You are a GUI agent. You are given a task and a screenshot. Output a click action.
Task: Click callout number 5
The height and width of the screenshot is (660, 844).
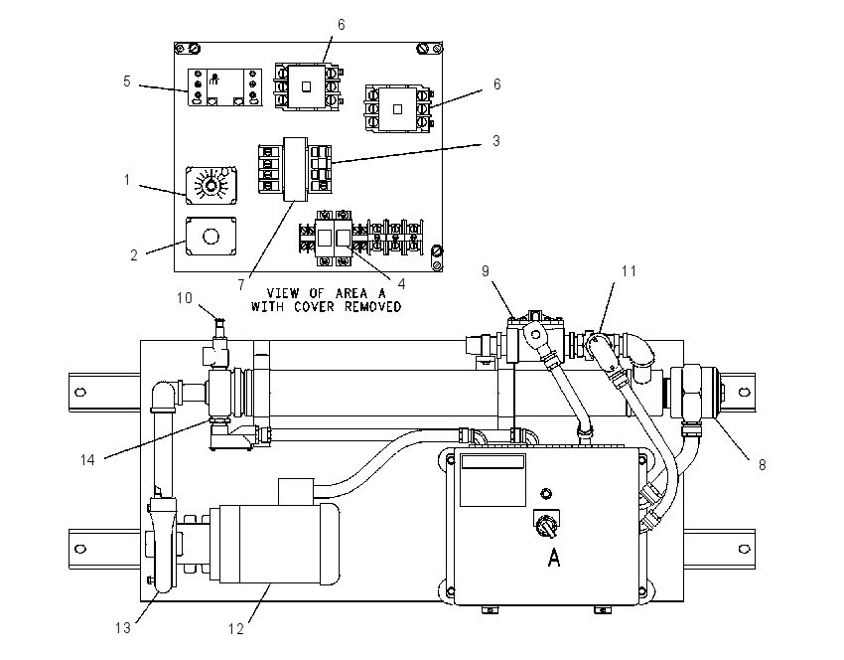tap(126, 82)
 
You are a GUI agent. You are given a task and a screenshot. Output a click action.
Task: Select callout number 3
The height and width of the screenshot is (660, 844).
tap(496, 140)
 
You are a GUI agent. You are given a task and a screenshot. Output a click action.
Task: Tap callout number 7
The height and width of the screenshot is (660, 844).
tap(241, 285)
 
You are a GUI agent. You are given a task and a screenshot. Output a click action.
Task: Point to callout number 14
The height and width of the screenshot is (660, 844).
tap(87, 459)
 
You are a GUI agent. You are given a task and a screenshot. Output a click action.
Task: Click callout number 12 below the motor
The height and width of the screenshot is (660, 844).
tap(235, 629)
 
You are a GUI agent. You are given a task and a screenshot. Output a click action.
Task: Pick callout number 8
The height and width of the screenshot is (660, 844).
tap(763, 465)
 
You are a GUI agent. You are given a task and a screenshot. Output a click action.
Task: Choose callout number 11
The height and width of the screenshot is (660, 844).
tap(629, 271)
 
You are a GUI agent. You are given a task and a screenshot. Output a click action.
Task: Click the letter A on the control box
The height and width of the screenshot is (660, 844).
tap(554, 557)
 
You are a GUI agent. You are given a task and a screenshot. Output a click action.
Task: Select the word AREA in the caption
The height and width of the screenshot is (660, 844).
tap(352, 293)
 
